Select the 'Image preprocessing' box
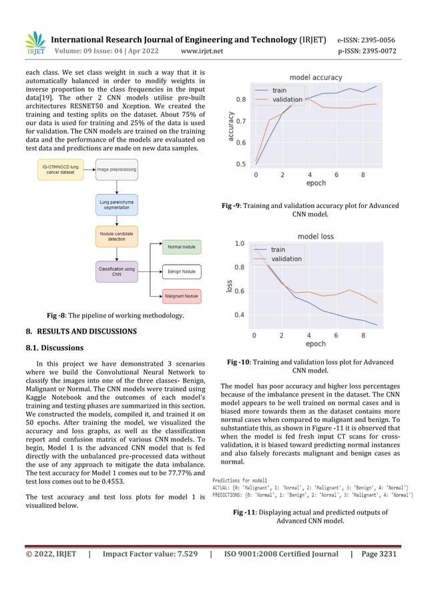(x=117, y=170)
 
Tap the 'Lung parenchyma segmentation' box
(x=117, y=204)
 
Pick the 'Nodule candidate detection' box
(x=117, y=238)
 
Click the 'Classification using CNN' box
(x=117, y=271)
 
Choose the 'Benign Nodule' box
(x=182, y=271)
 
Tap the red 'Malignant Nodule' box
(x=182, y=295)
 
